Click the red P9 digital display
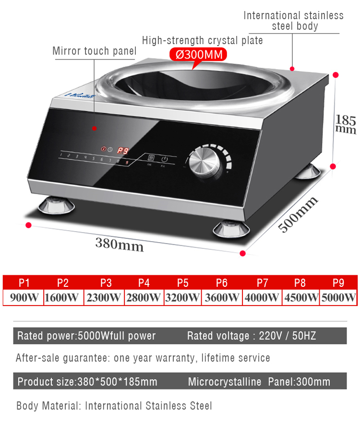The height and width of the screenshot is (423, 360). (x=123, y=151)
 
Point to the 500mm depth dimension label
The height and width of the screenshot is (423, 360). (x=299, y=214)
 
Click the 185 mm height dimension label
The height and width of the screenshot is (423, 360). (x=346, y=124)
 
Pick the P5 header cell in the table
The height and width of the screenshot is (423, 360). (x=182, y=282)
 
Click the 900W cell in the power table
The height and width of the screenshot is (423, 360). (x=24, y=297)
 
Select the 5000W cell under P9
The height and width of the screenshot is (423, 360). (x=338, y=297)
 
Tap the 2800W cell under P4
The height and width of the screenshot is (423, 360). (x=144, y=297)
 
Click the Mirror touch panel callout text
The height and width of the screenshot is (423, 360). (x=95, y=51)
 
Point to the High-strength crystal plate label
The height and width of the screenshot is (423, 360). (x=203, y=40)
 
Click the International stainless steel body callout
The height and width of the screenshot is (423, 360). (x=294, y=21)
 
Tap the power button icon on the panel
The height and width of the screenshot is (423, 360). (x=164, y=159)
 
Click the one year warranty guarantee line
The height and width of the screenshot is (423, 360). (x=143, y=358)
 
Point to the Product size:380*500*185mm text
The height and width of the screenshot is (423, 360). (x=87, y=382)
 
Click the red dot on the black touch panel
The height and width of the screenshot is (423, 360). (x=95, y=128)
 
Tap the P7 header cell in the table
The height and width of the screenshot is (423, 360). (x=263, y=282)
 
